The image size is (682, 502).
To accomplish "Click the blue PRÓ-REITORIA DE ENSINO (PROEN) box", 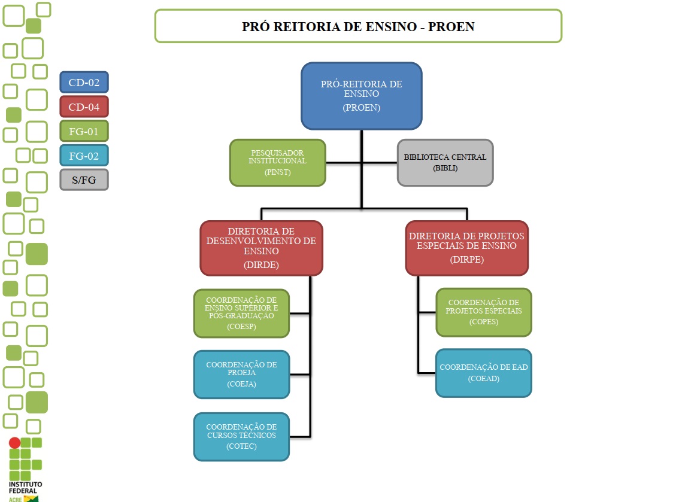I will pos(361,96).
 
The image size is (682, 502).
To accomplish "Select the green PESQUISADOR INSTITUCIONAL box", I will pos(278,162).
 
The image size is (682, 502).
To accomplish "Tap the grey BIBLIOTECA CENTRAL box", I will pos(445,162).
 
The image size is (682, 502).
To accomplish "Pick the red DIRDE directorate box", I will pos(261,248).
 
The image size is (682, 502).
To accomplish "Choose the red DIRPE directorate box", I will pos(466,248).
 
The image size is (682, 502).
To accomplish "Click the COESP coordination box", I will pos(241,314).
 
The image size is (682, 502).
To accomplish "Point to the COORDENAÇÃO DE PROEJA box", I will pos(241,374).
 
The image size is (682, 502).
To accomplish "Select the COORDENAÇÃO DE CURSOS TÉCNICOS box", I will pos(241,436).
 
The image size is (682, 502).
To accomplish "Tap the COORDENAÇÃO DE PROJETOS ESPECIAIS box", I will pos(483,312).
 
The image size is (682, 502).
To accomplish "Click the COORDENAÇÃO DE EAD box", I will pos(483,372).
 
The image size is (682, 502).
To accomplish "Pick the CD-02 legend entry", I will pos(84,83).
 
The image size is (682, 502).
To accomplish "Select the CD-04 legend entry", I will pos(84,107).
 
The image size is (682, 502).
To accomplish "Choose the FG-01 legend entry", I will pos(84,132).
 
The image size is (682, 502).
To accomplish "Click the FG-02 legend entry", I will pos(84,156).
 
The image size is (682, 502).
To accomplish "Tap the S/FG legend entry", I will pos(84,180).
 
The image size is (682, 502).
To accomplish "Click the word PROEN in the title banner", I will pos(451,27).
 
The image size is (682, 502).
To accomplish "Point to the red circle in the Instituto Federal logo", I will pos(14,443).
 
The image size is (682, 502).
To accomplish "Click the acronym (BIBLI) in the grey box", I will pos(445,169).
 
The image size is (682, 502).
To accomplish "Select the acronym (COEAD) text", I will pos(483,379).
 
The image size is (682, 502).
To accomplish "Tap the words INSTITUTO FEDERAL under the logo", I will pos(25,486).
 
